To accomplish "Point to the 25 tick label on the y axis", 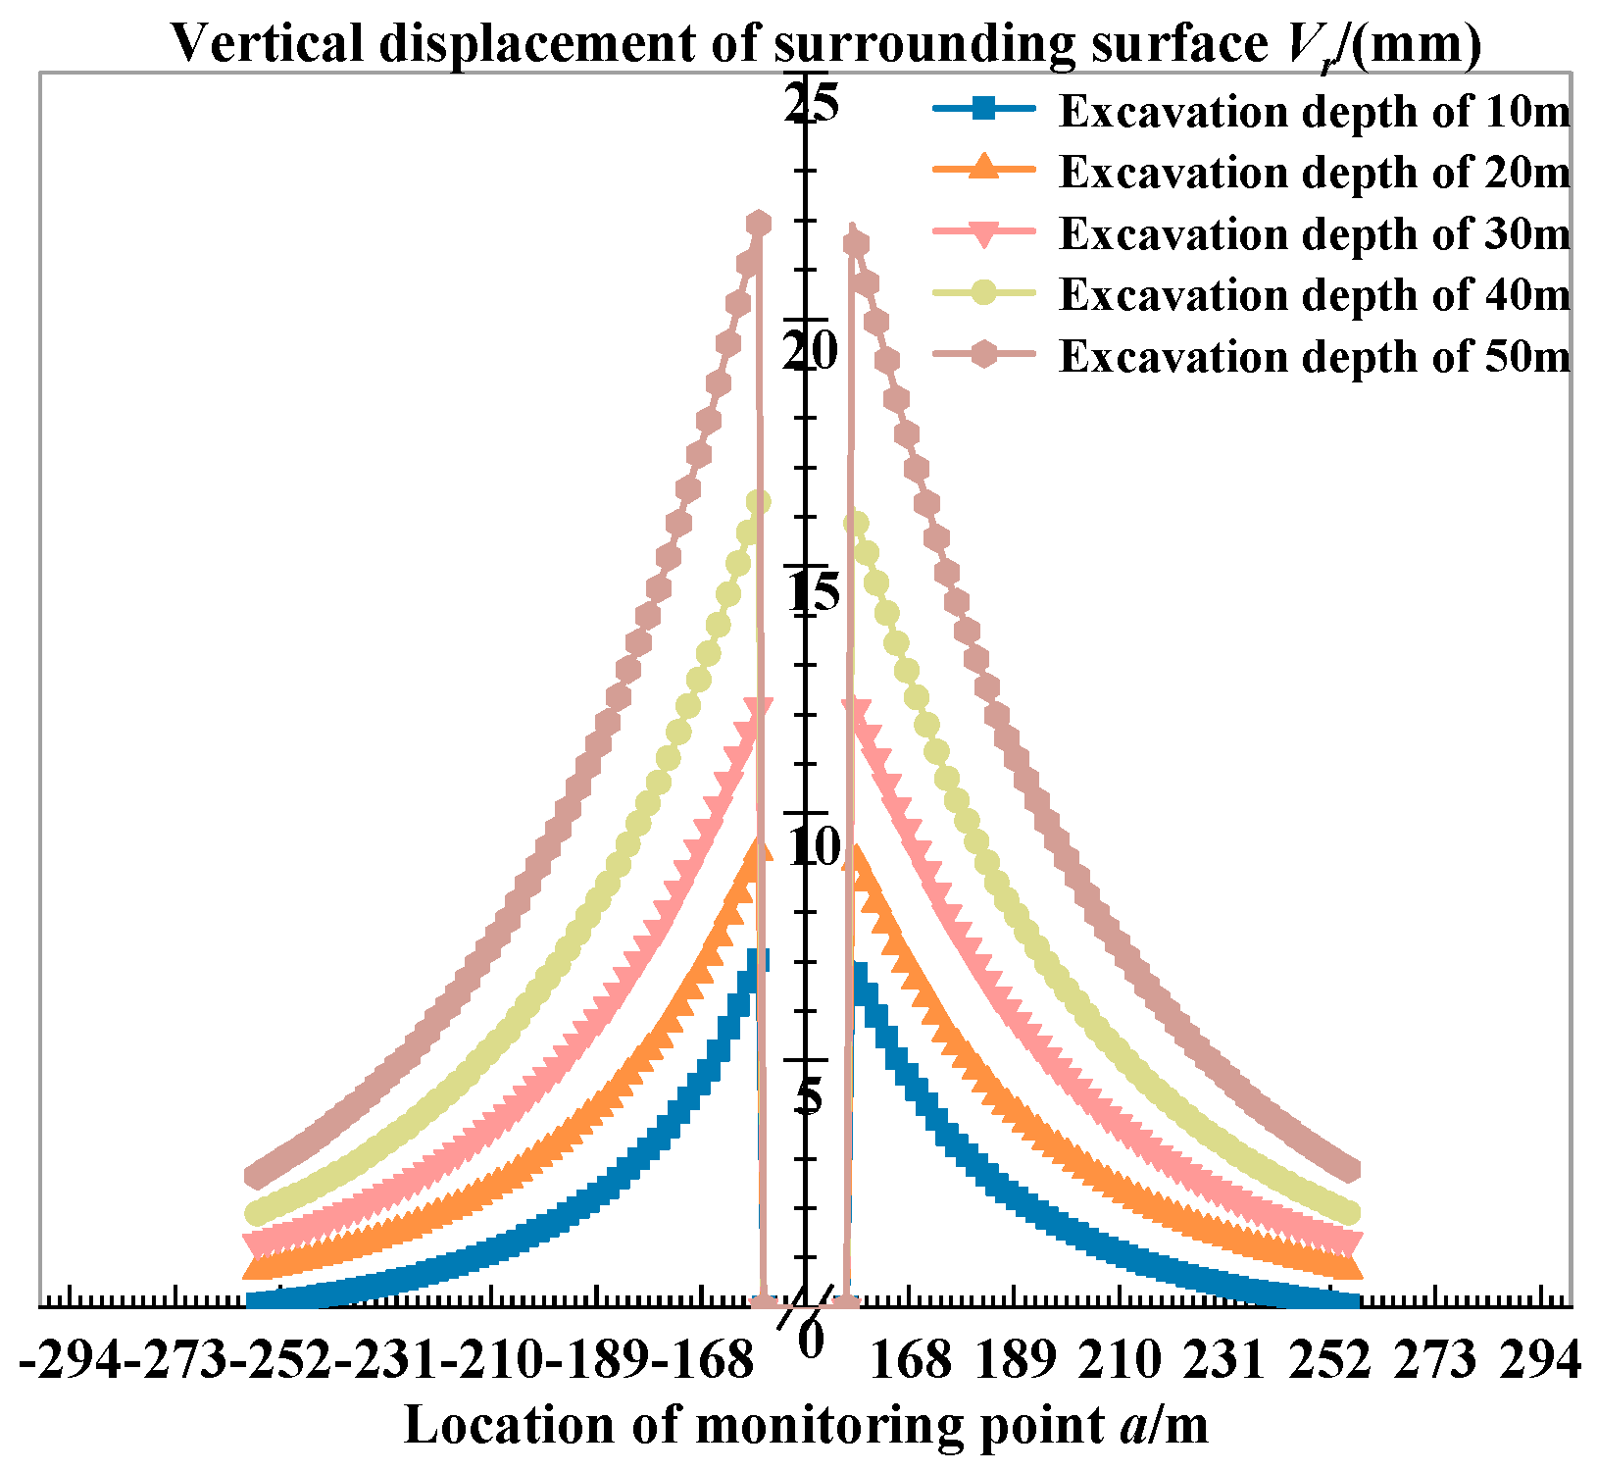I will (x=813, y=102).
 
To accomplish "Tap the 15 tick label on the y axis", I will (x=813, y=594).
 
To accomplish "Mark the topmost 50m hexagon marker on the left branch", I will (x=758, y=224).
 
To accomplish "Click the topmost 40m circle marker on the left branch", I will (x=758, y=502).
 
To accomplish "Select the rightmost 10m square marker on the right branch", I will (x=1350, y=1300).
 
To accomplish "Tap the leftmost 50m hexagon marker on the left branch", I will (x=257, y=1175).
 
